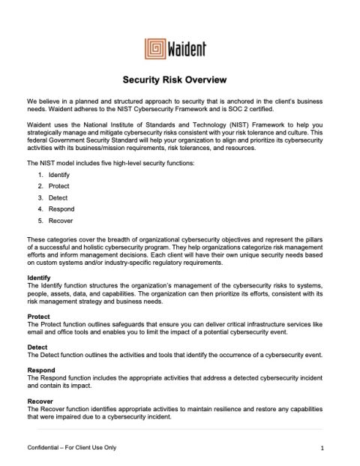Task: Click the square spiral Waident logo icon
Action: coord(156,50)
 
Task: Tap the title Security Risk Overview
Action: coord(178,80)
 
